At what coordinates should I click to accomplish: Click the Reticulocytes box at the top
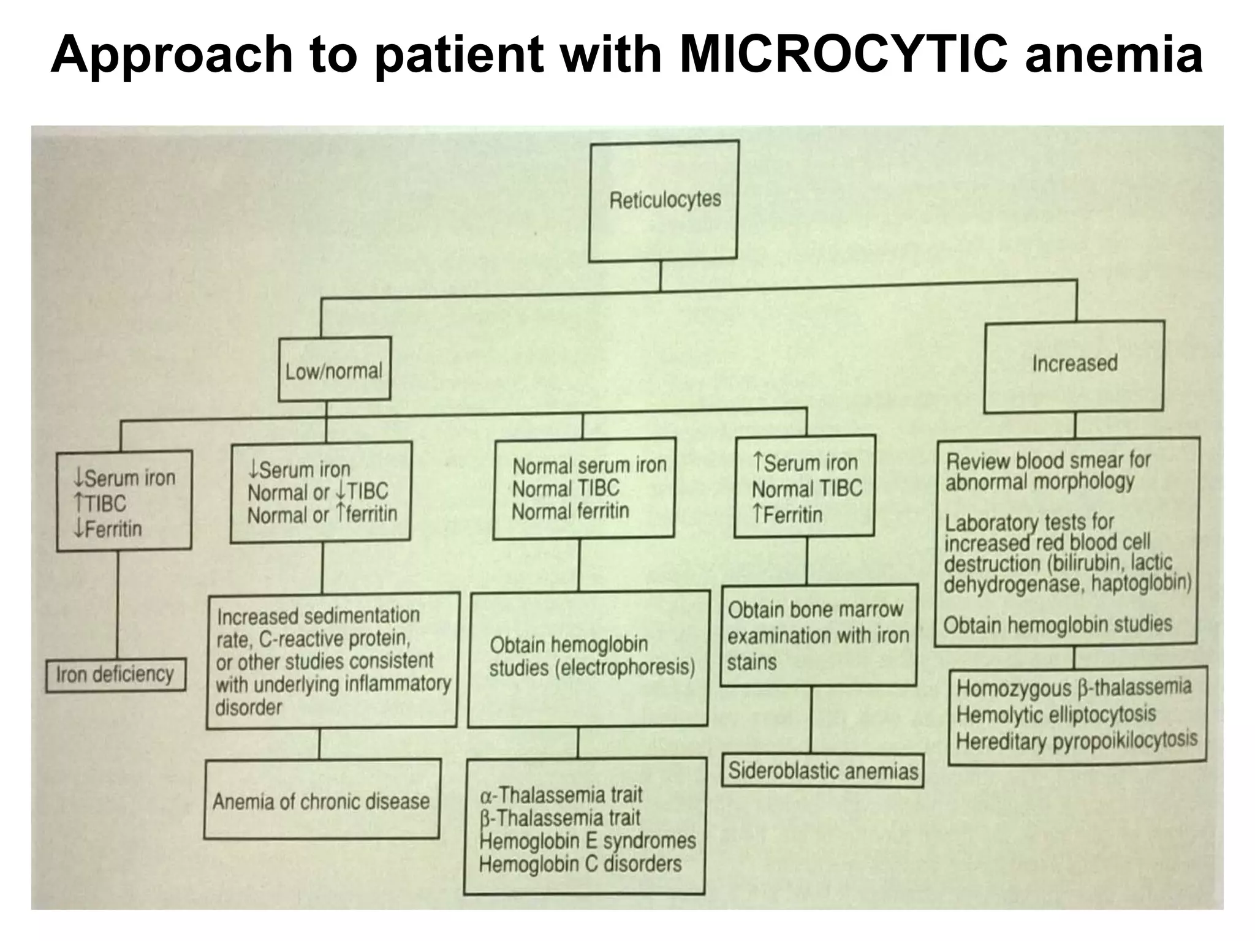click(x=664, y=200)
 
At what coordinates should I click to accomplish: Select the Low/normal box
click(x=334, y=370)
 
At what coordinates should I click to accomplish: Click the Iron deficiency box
click(x=115, y=675)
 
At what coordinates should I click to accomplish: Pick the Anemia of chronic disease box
click(x=321, y=801)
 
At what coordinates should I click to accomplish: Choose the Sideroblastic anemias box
click(x=823, y=771)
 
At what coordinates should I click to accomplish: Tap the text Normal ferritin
click(x=571, y=512)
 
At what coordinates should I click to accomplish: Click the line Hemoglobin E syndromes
click(x=588, y=841)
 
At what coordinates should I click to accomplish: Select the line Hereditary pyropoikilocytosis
click(x=1076, y=741)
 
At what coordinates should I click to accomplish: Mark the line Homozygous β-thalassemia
click(x=1074, y=688)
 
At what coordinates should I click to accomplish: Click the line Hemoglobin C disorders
click(x=580, y=864)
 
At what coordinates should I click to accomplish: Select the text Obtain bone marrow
click(x=815, y=610)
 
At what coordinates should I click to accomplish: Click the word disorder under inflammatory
click(x=249, y=708)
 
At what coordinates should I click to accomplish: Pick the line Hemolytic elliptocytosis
click(x=1056, y=714)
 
